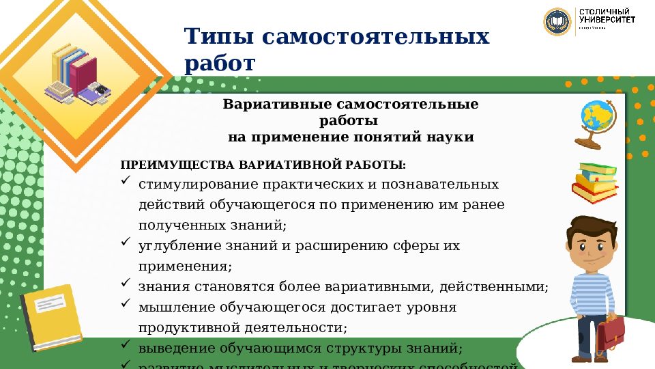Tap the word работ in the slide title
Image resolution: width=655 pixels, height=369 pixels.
click(219, 64)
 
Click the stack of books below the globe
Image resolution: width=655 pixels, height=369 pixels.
click(595, 182)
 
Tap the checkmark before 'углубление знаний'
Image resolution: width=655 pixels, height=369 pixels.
click(126, 243)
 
